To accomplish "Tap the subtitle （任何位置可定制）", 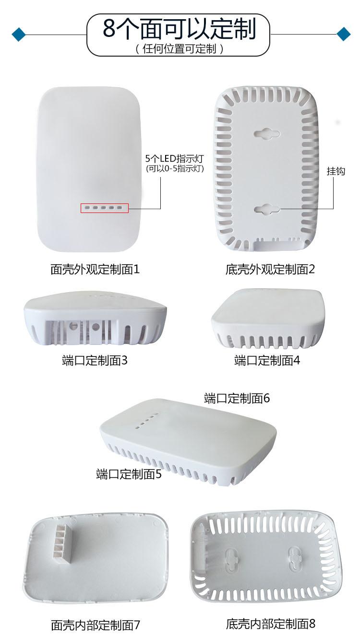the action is coord(180,49).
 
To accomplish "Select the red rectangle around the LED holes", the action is coord(105,208).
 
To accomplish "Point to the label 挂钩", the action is coord(336,171).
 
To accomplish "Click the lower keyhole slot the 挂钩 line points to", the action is coord(267,209).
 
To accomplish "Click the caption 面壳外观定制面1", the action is coord(95,269).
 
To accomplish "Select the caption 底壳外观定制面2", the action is coord(270,269).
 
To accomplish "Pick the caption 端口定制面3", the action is coord(95,360).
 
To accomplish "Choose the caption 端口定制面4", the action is coord(267,360).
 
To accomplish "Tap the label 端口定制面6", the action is coord(237,398).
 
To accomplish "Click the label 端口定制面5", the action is coord(129,474).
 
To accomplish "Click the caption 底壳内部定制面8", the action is coord(271,624).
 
